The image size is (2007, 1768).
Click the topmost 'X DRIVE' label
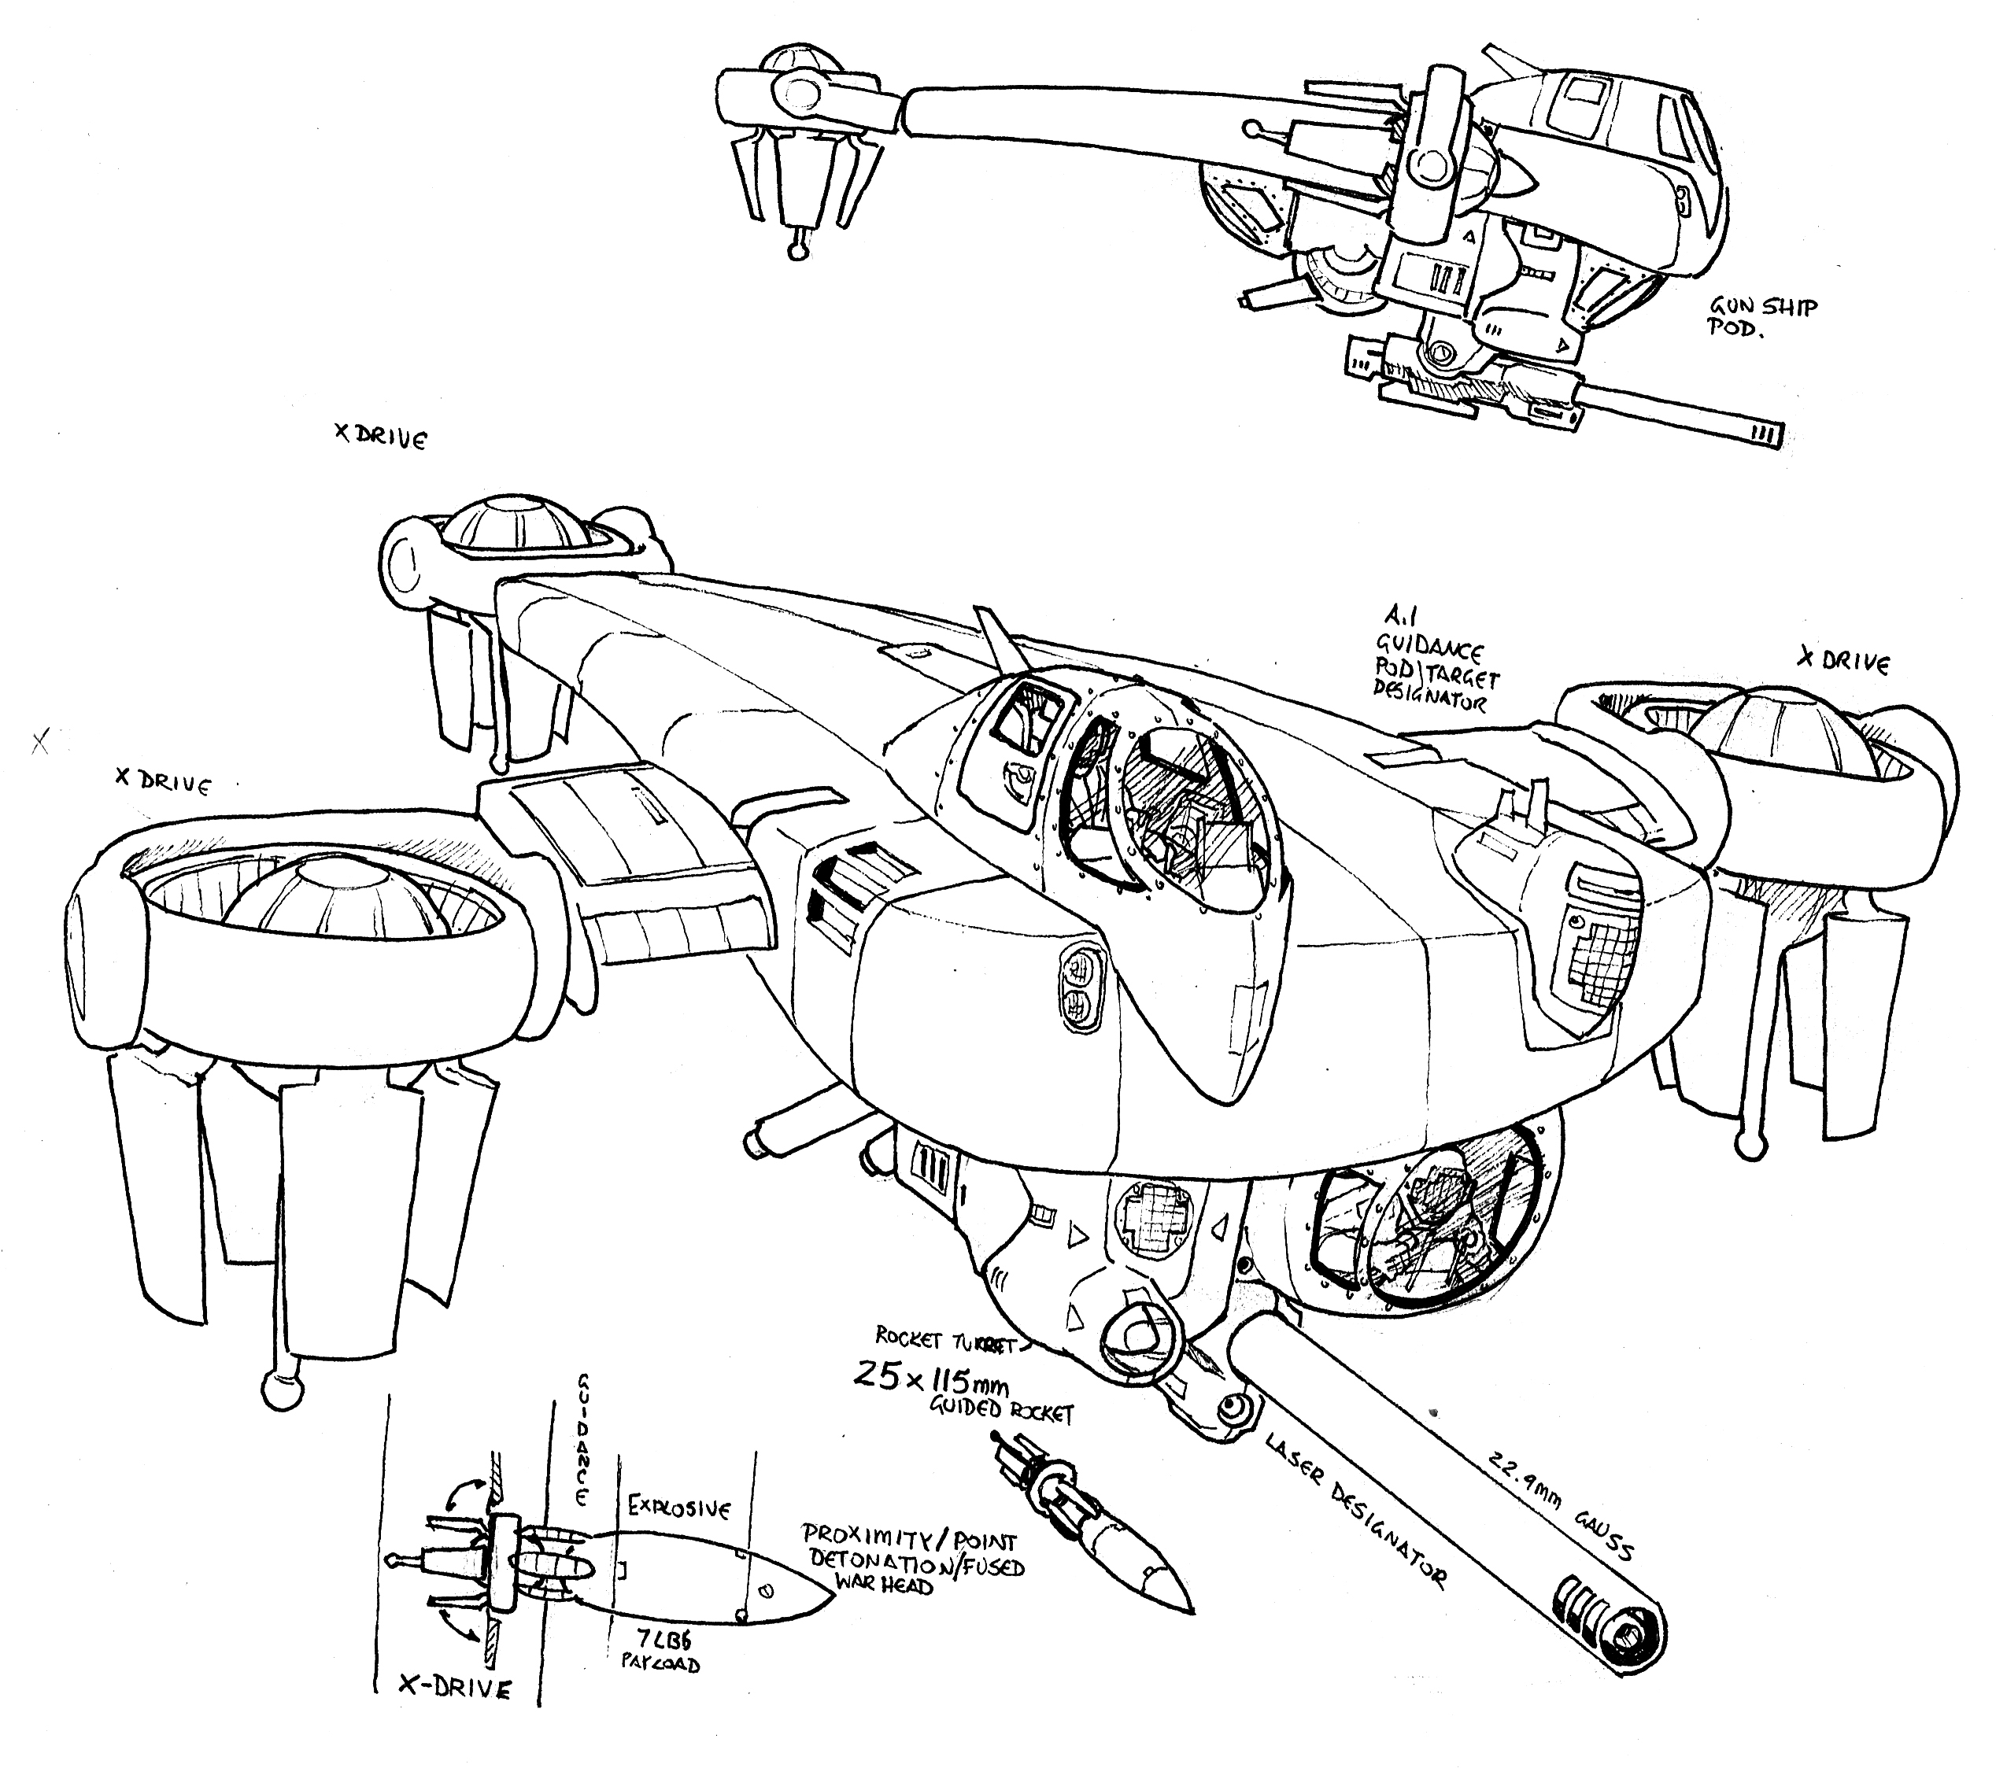pos(380,437)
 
